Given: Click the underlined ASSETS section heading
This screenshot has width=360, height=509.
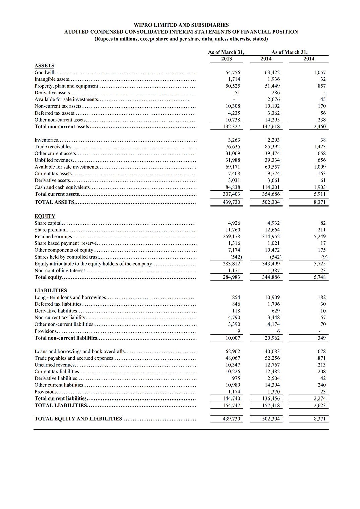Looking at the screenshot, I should [x=44, y=66].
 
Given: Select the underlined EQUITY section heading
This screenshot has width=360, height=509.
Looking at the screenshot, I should [x=45, y=216].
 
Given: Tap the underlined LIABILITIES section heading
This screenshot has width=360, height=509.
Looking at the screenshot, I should [x=51, y=291].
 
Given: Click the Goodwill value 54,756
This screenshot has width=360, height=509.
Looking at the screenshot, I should [x=233, y=72].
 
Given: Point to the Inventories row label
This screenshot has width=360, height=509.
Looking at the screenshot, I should [x=46, y=140].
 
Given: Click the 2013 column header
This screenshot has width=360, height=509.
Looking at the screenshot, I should [x=226, y=59].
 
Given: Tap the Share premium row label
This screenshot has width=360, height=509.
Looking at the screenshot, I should [x=50, y=230].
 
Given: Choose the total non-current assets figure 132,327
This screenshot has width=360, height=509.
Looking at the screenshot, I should [x=231, y=126].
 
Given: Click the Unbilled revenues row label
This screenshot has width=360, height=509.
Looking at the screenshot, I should [x=53, y=160].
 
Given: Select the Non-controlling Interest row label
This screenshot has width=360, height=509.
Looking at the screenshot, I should [x=60, y=270].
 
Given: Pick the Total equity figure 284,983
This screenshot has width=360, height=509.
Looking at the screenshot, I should [x=231, y=277].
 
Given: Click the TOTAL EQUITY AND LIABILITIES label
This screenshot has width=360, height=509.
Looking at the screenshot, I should [x=78, y=419].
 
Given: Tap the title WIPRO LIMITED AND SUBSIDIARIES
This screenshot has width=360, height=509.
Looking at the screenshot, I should [x=181, y=25].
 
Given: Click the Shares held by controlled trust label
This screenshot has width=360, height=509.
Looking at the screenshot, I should [x=66, y=257].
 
